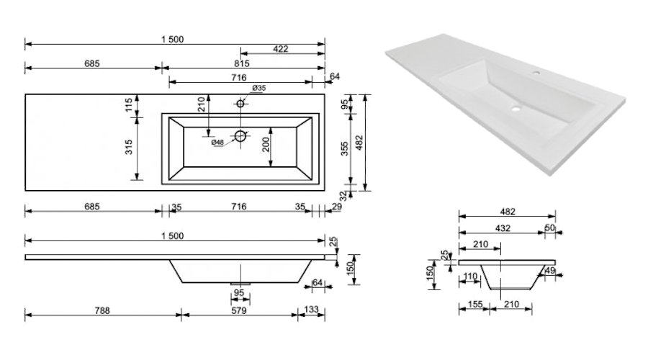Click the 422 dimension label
pos(281,49)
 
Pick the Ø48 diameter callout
pos(218,142)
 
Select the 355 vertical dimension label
pos(345,148)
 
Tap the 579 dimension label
pos(238,310)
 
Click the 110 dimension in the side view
pos(471,276)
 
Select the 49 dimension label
pos(551,271)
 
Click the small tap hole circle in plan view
pos(240,103)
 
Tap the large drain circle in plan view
pos(240,135)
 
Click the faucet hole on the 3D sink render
pos(536,73)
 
